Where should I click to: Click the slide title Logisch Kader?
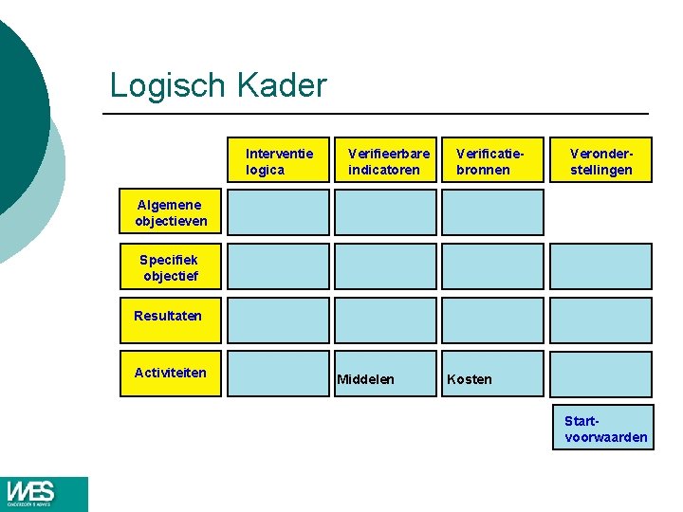pyautogui.click(x=218, y=85)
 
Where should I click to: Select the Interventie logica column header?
pyautogui.click(x=279, y=161)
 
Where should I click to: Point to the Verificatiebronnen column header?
pyautogui.click(x=493, y=161)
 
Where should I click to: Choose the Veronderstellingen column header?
pyautogui.click(x=600, y=161)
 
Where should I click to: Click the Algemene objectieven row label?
pyautogui.click(x=170, y=212)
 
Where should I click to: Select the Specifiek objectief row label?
pyautogui.click(x=170, y=267)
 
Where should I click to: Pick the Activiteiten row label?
pyautogui.click(x=170, y=373)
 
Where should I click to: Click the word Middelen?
pyautogui.click(x=366, y=379)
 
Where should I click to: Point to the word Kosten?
pyautogui.click(x=470, y=379)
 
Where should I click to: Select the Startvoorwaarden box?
pyautogui.click(x=603, y=428)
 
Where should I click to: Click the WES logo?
pyautogui.click(x=44, y=494)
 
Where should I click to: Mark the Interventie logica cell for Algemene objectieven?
pyautogui.click(x=279, y=212)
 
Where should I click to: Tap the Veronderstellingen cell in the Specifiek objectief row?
pyautogui.click(x=600, y=266)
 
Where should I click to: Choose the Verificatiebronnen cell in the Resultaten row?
pyautogui.click(x=493, y=320)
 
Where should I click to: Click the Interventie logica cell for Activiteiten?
pyautogui.click(x=279, y=374)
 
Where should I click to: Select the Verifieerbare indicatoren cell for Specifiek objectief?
pyautogui.click(x=386, y=266)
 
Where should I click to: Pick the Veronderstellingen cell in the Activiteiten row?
pyautogui.click(x=600, y=374)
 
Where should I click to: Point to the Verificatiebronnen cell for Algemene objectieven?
pyautogui.click(x=493, y=212)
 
